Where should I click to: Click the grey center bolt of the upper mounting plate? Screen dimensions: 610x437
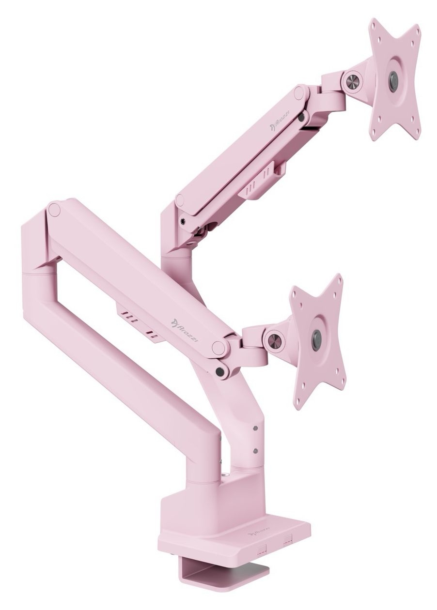coord(393,81)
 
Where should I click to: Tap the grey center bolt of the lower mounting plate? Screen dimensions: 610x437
coord(316,340)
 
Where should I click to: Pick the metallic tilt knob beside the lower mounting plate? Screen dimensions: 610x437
coord(275,341)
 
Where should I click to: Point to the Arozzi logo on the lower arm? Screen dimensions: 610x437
coord(182,325)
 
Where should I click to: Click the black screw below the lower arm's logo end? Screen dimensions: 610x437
coord(220,371)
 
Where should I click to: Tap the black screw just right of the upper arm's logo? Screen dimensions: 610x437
coord(301,118)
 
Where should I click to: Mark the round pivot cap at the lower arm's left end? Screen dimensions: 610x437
coord(54,210)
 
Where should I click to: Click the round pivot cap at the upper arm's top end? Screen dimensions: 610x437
coord(299,92)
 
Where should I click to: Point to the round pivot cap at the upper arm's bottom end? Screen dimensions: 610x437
coord(180,199)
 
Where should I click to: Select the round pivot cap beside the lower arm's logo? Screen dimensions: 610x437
coord(218,347)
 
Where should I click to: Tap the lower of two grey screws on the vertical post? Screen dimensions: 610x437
coord(255,451)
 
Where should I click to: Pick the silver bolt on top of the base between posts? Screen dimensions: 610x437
coord(224,476)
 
